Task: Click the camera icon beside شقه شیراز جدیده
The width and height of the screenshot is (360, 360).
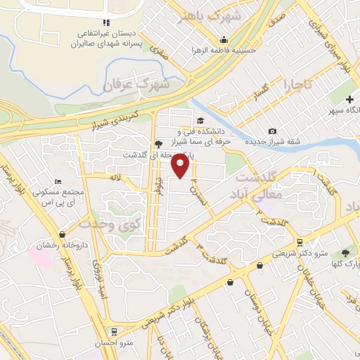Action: pos(272,131)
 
